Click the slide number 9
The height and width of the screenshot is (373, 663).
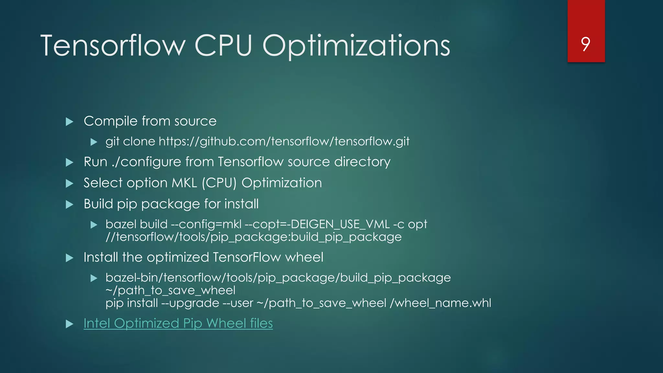[x=586, y=44]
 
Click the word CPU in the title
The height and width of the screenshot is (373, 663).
[x=223, y=46]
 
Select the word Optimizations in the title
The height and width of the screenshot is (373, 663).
[x=356, y=46]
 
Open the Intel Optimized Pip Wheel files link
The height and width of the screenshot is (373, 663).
[x=178, y=323]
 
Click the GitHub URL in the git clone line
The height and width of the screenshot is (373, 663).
[x=284, y=141]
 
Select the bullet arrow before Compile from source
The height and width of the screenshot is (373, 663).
[x=69, y=122]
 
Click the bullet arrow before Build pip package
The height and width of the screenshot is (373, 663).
[x=69, y=205]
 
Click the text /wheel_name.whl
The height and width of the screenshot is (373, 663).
[x=441, y=303]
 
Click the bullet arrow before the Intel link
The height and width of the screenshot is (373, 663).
[x=69, y=324]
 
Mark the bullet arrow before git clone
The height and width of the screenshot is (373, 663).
[x=94, y=142]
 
